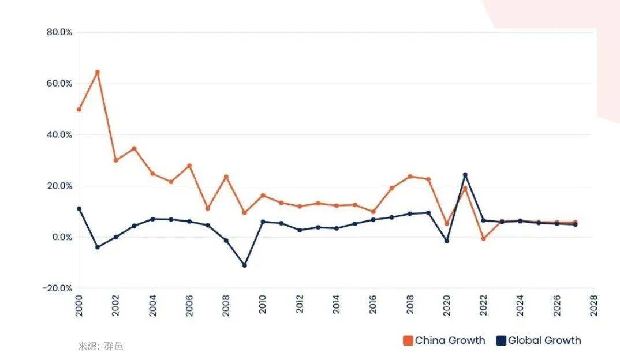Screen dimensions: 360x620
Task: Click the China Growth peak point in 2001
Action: [97, 72]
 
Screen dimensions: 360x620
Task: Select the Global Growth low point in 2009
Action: [244, 265]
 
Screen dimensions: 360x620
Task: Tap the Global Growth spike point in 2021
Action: [465, 175]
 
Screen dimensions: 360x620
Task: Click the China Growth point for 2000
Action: [79, 109]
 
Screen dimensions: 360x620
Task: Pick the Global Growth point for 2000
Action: [79, 209]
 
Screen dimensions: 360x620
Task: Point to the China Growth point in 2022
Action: [483, 238]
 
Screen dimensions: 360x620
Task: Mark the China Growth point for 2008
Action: [226, 177]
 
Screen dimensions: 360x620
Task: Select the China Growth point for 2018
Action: [410, 177]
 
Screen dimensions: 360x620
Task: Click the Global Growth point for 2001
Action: [97, 247]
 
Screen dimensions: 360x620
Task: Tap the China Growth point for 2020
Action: [446, 223]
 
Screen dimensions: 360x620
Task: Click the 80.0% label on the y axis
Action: [59, 32]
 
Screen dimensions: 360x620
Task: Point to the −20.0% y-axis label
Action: [57, 288]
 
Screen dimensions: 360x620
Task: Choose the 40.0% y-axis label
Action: [59, 134]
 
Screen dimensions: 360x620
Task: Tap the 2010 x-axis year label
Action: [263, 304]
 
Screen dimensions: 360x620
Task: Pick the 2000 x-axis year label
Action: [79, 304]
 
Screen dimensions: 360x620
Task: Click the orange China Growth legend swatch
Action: [408, 340]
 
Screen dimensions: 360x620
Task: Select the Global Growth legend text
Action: [544, 340]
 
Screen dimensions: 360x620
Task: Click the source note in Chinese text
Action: [100, 346]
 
